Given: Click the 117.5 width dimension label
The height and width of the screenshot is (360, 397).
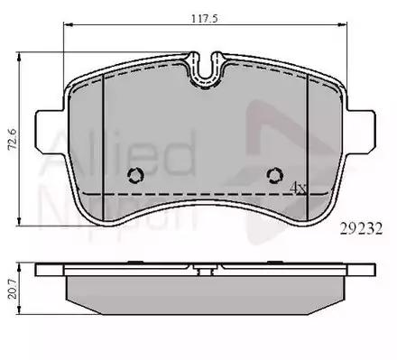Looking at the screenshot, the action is click(x=205, y=19).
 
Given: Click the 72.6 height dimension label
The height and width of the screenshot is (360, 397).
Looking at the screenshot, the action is click(x=13, y=139).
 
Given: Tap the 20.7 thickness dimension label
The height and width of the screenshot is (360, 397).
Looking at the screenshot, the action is click(x=13, y=289).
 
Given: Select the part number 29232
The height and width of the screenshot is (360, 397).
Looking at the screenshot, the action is click(x=361, y=229).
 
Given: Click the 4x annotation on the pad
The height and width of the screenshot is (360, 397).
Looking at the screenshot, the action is click(x=298, y=188).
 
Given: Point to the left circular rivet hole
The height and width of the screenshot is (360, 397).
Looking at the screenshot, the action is click(x=135, y=175).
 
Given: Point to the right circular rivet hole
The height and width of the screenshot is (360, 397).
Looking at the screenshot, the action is click(x=275, y=175).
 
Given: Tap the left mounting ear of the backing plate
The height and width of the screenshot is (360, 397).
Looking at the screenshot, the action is click(x=51, y=133).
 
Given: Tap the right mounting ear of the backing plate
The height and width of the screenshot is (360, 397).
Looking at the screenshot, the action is click(x=361, y=133).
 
